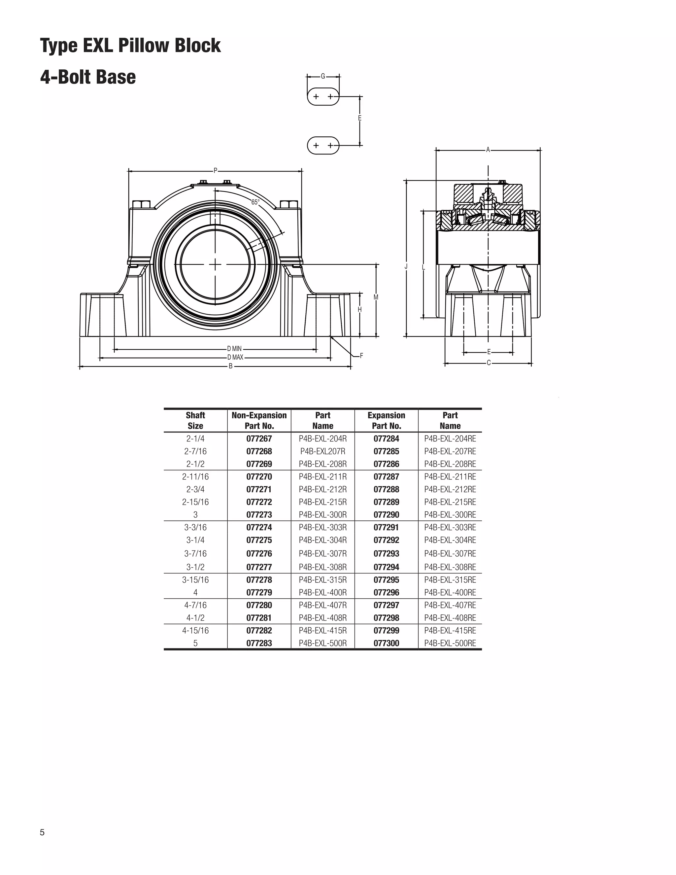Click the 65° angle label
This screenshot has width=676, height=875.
click(x=255, y=202)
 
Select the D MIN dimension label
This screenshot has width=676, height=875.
click(x=234, y=349)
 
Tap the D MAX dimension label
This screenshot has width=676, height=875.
click(x=235, y=357)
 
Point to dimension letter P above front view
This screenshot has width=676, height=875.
click(x=216, y=171)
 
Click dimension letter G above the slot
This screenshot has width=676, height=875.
click(x=323, y=76)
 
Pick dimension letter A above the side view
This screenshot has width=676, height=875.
click(x=488, y=150)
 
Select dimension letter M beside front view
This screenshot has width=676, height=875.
click(x=376, y=297)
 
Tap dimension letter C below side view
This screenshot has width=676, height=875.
click(x=489, y=363)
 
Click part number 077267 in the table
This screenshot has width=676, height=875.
click(x=259, y=439)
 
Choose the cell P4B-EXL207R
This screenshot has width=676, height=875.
click(x=323, y=451)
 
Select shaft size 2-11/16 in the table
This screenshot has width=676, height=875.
click(x=195, y=477)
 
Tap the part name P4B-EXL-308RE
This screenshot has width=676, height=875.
click(x=450, y=567)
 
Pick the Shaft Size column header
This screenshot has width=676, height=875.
click(x=195, y=421)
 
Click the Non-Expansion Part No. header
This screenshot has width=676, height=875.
click(x=259, y=421)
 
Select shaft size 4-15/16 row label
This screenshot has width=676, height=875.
click(x=195, y=631)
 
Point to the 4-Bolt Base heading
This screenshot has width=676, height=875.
click(x=88, y=77)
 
